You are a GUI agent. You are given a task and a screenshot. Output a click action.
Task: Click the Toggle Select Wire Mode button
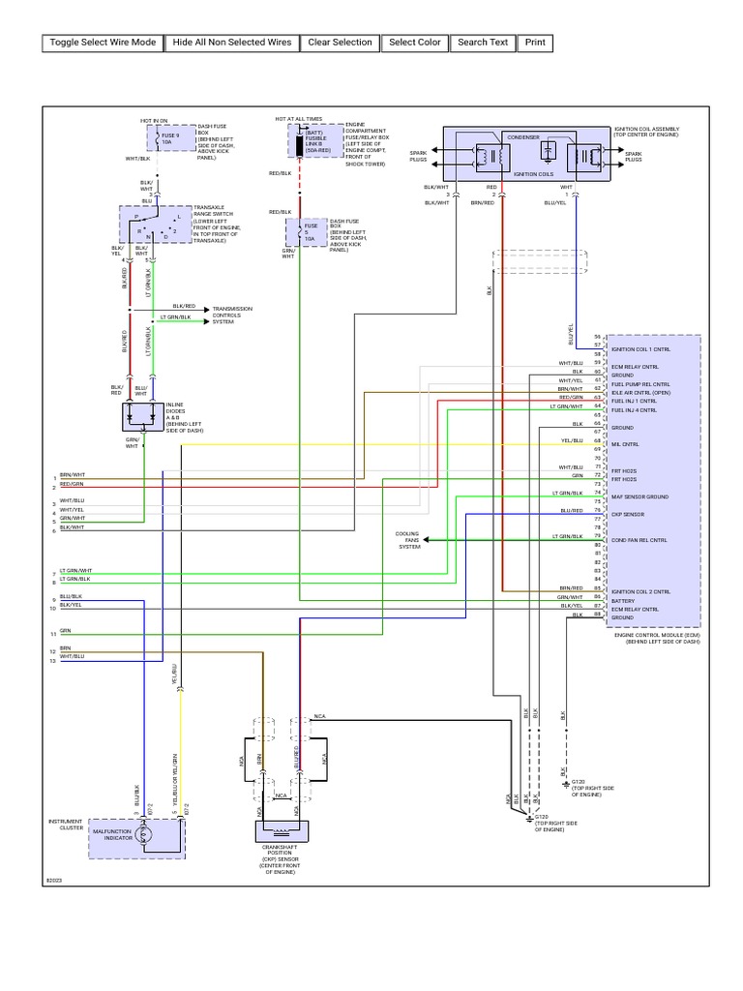click(x=103, y=43)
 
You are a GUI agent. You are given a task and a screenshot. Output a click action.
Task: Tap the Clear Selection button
click(x=340, y=43)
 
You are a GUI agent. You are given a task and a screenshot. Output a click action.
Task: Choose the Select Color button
click(x=415, y=43)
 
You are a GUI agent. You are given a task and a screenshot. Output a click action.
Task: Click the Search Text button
click(x=483, y=43)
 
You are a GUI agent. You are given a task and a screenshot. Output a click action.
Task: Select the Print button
click(x=535, y=43)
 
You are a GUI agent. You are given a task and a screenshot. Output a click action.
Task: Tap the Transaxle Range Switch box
click(x=155, y=227)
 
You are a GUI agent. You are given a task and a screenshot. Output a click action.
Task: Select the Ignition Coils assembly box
click(x=526, y=153)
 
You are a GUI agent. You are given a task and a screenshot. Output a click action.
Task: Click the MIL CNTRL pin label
click(x=624, y=444)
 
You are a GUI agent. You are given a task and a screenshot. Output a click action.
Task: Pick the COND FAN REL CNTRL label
click(x=639, y=540)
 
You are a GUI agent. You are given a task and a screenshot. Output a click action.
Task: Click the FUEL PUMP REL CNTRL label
click(x=640, y=384)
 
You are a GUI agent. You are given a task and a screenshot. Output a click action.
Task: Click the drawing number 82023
click(x=53, y=881)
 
